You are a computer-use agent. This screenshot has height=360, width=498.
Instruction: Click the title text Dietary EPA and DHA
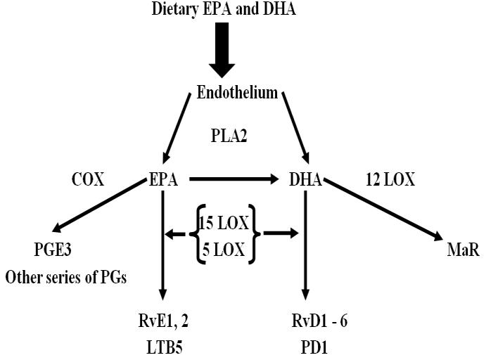[x=224, y=10]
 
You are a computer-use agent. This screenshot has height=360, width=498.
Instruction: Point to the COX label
[x=88, y=179]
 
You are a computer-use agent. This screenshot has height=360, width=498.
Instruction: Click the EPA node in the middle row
[x=163, y=180]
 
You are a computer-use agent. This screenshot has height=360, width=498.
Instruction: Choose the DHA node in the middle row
[x=305, y=180]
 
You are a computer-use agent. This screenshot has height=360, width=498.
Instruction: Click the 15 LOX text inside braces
[x=224, y=223]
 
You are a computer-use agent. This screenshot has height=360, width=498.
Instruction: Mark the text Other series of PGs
[x=66, y=276]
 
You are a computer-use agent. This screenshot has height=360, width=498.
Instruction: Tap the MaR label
[x=463, y=250]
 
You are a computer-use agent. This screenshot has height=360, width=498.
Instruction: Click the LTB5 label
[x=163, y=347]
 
